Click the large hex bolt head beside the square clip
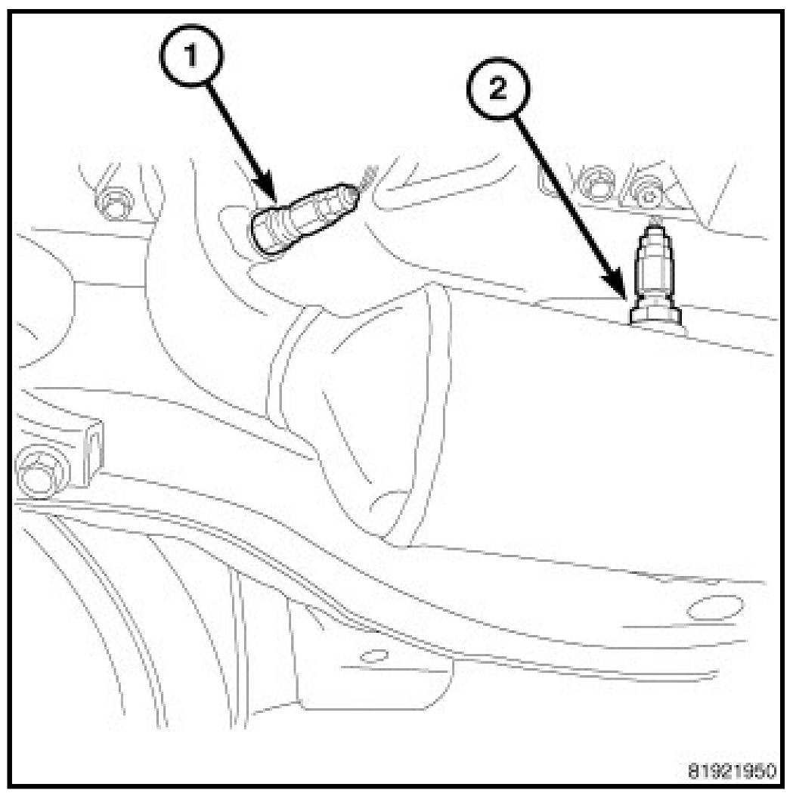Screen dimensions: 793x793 (38, 470)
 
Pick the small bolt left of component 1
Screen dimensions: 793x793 (114, 203)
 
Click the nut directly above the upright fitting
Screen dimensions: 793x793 (648, 192)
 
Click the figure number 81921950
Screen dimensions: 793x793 (732, 772)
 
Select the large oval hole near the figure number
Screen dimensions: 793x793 (714, 608)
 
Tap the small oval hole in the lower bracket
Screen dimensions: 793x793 (374, 656)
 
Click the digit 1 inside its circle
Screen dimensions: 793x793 (191, 56)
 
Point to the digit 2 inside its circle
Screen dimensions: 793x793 (498, 89)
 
